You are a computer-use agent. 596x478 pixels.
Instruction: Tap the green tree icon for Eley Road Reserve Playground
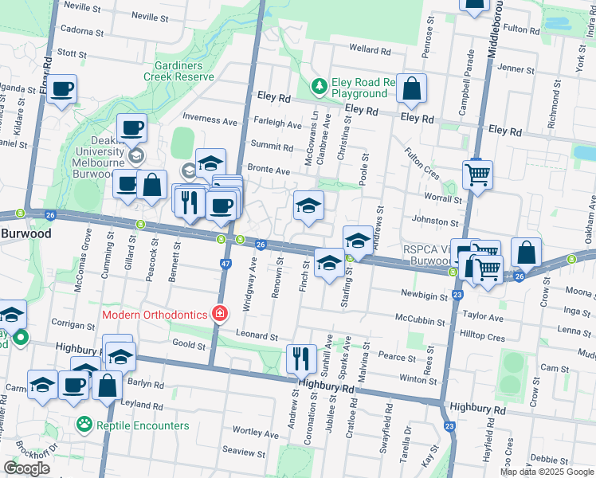(x=319, y=84)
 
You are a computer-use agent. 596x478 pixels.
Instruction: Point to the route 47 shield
(x=226, y=262)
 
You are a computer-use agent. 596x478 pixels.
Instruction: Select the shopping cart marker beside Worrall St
(x=477, y=173)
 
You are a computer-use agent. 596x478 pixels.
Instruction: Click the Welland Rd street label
(x=370, y=50)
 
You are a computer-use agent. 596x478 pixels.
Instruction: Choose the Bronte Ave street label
(x=268, y=170)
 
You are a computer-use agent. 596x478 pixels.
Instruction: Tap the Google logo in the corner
(x=27, y=468)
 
